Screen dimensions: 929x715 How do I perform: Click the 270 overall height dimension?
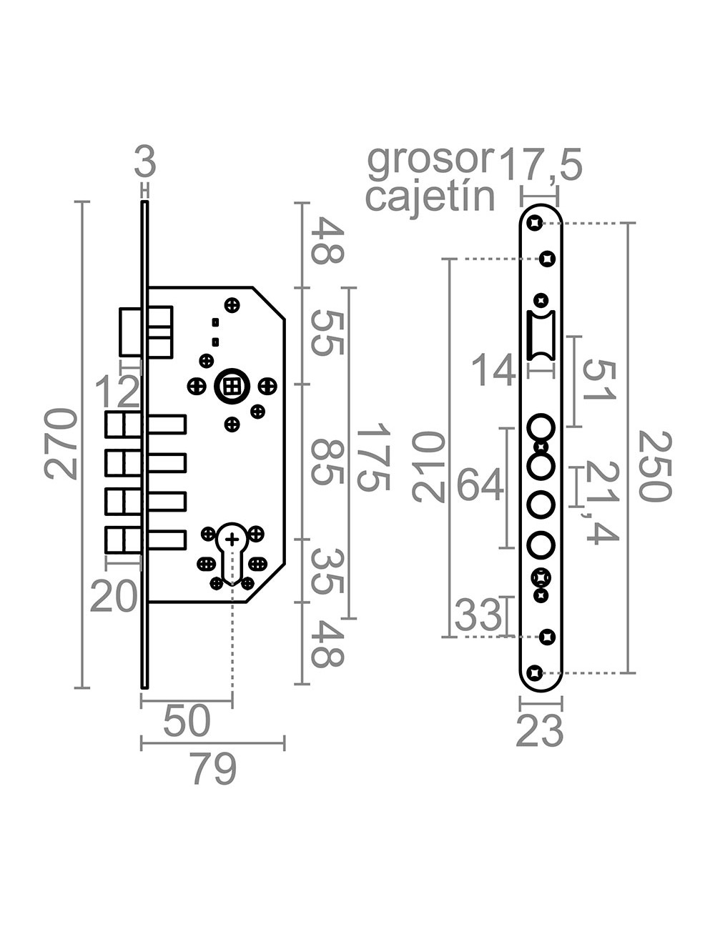point(61,443)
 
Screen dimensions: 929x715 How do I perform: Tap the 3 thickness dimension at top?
point(145,163)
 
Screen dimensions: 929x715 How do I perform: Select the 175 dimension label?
point(372,457)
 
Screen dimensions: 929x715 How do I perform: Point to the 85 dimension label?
point(329,462)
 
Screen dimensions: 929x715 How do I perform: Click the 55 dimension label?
point(329,332)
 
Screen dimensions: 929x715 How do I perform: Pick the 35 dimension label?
point(329,572)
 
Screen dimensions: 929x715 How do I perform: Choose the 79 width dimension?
point(214,770)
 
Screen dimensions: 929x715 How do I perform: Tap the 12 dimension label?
point(118,392)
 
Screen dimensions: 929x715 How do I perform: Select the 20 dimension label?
point(114,597)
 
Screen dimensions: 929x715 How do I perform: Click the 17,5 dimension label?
point(541,164)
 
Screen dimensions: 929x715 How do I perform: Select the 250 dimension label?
point(653,466)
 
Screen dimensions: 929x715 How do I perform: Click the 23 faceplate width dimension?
point(540,732)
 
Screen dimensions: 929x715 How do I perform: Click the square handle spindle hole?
point(231,387)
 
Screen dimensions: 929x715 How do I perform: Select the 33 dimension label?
point(478,615)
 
